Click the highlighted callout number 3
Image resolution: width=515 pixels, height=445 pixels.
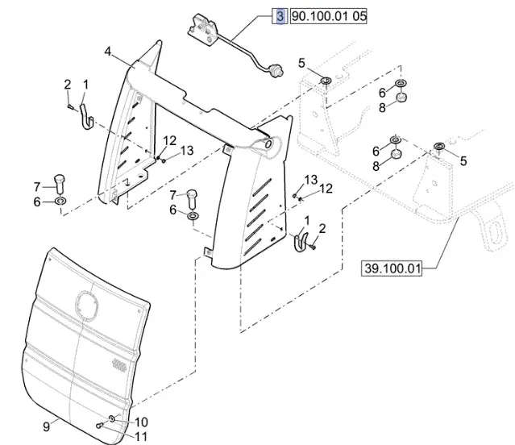[280, 16]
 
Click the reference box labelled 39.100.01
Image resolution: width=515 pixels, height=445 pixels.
[393, 268]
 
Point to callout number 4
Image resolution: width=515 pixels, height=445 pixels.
[107, 52]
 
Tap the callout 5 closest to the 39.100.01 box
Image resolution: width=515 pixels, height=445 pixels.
[463, 160]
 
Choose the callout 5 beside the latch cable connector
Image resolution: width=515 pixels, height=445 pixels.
[301, 63]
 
